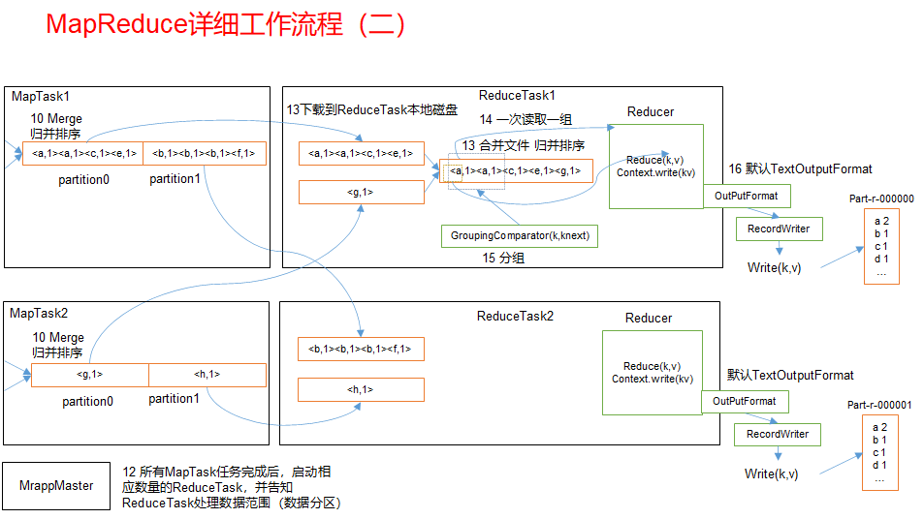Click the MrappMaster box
57,485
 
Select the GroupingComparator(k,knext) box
520,235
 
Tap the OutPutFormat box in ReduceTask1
746,197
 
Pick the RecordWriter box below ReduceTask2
777,434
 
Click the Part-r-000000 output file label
880,198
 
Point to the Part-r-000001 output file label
878,405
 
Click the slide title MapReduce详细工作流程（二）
226,25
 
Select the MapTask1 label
41,97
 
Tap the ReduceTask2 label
515,316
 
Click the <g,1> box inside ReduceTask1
361,193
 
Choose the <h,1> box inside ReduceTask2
361,389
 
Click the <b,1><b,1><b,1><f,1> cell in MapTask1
204,153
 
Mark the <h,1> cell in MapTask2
207,375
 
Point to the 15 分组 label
504,259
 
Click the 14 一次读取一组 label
526,119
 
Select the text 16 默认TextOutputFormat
800,169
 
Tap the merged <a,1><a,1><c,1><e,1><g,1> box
515,171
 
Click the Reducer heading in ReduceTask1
651,111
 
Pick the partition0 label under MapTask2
88,401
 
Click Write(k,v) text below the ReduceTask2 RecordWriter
773,473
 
